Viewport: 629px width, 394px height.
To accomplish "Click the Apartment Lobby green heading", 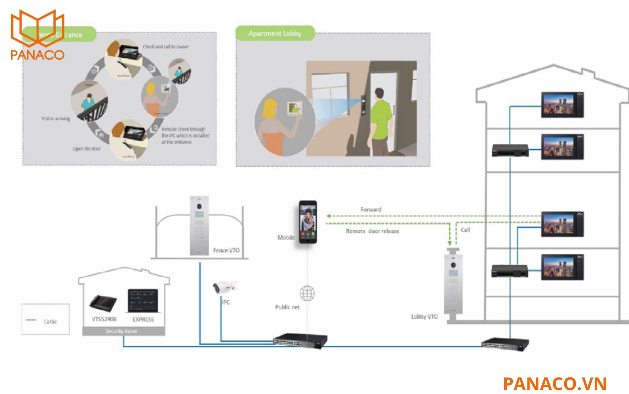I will click(275, 34).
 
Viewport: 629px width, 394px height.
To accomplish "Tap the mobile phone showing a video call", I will click(308, 221).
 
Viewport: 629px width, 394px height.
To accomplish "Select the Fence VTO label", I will click(226, 250).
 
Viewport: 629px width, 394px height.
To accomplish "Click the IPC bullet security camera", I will click(225, 287).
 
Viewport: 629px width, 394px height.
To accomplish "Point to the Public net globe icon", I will click(307, 293).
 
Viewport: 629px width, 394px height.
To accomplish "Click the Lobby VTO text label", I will click(424, 317).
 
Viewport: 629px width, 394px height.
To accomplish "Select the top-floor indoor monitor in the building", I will click(562, 105).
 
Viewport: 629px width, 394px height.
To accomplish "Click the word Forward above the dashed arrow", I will click(371, 210).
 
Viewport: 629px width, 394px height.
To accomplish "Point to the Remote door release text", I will click(373, 231).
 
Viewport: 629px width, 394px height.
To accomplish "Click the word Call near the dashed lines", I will click(465, 230).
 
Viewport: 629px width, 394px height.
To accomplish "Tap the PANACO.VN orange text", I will click(555, 384).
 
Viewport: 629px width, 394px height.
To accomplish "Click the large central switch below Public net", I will click(300, 340).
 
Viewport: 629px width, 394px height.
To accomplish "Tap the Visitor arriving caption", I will click(55, 119).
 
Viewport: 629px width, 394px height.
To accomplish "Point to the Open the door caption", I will click(87, 149).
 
